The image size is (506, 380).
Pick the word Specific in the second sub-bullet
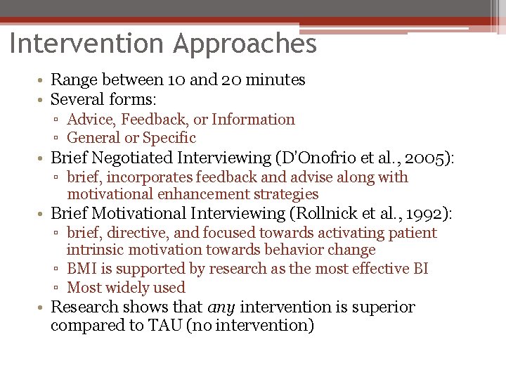[x=171, y=138]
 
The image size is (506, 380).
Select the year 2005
[x=434, y=158]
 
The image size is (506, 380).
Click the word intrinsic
[x=94, y=251]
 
